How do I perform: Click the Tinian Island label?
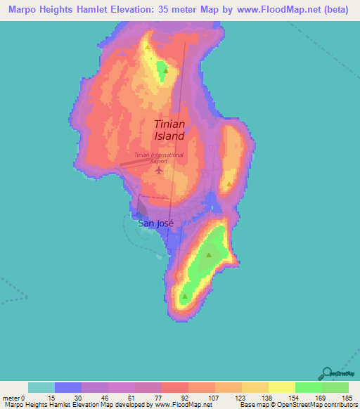[169, 130]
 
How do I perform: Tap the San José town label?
[155, 223]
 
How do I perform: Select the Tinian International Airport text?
[160, 157]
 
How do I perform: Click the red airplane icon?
[158, 169]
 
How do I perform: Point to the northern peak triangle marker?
[165, 70]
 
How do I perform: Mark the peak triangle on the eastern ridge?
[229, 185]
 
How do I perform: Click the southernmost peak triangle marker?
[184, 297]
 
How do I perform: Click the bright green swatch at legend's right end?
[335, 388]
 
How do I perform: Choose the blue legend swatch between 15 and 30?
[68, 388]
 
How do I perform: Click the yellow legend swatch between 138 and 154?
[282, 388]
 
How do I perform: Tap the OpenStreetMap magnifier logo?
[326, 373]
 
